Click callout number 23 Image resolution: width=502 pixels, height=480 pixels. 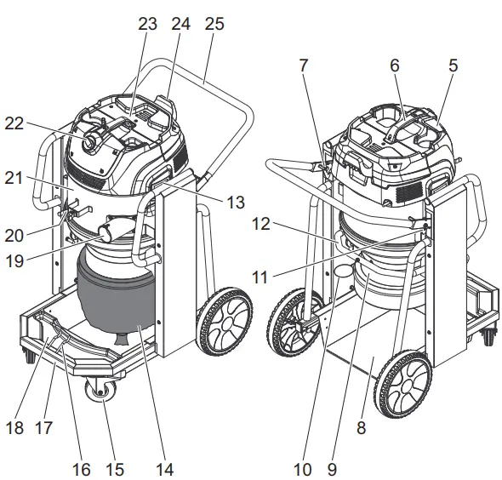149,25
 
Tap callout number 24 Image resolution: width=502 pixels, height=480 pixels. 180,25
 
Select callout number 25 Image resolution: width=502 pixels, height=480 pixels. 214,25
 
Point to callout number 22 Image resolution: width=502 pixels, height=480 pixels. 36,123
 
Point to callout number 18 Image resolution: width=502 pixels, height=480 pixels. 15,426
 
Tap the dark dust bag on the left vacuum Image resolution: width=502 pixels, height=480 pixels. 115,294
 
